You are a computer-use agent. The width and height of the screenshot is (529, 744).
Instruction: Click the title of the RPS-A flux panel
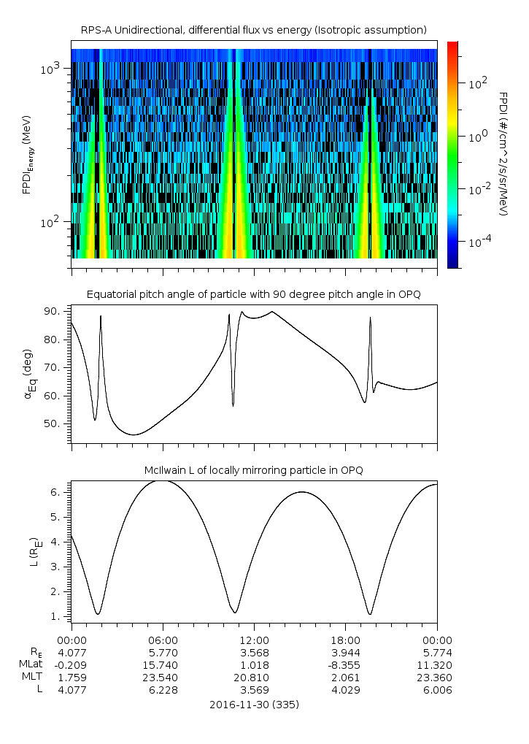point(253,30)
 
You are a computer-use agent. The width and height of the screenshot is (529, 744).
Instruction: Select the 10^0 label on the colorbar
point(478,136)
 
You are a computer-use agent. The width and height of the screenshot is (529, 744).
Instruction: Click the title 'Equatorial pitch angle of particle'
point(253,294)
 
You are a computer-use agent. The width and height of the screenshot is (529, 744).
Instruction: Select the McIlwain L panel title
point(253,470)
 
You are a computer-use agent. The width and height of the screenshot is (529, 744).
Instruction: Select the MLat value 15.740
point(162,664)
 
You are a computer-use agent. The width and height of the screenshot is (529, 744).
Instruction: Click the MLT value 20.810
point(253,677)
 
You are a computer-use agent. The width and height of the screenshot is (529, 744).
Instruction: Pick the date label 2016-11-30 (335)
point(254,705)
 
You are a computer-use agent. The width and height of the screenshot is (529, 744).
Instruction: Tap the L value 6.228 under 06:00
point(162,689)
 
